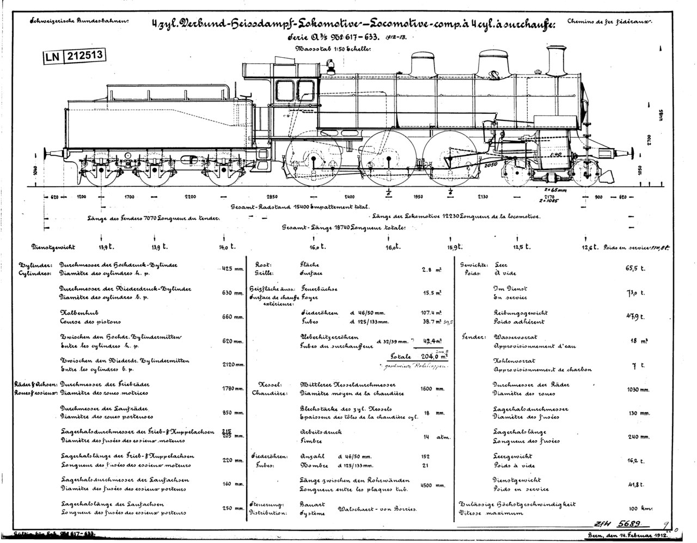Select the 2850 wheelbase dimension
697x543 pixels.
coord(272,197)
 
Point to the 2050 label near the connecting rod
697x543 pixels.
coord(491,163)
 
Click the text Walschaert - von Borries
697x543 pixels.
coord(377,509)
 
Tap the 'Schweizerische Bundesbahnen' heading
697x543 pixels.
coord(80,22)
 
